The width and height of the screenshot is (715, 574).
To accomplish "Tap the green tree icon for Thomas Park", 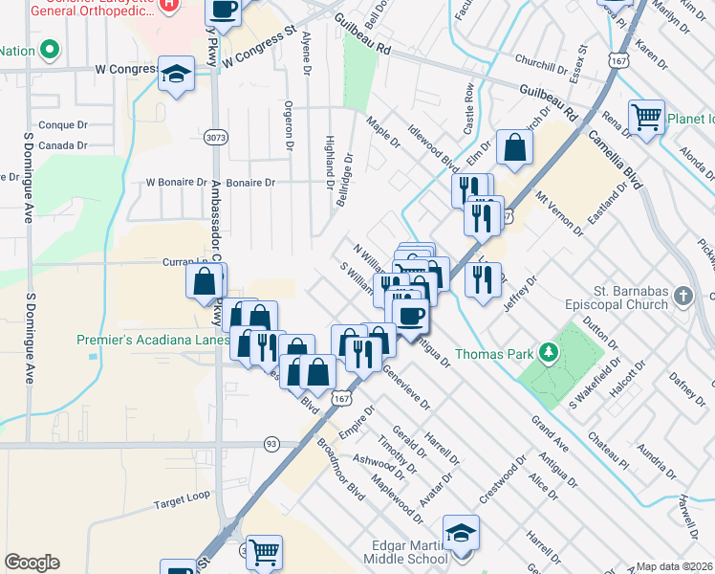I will [549, 354].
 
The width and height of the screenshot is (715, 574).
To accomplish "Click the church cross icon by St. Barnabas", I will [682, 296].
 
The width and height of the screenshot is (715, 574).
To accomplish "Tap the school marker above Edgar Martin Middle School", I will [461, 533].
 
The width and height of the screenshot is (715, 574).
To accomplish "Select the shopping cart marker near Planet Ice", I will [647, 117].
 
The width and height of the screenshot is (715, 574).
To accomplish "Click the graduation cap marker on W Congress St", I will [176, 74].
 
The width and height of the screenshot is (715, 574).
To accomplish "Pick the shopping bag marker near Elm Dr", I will [514, 147].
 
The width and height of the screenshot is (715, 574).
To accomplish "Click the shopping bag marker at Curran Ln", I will [205, 281].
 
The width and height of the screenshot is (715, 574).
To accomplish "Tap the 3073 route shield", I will [216, 139].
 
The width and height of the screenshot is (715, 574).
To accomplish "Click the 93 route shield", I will [271, 444].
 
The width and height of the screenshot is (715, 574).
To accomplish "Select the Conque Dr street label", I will [63, 125].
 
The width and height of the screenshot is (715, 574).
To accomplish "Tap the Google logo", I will [32, 563].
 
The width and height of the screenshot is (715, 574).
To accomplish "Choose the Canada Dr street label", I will [64, 145].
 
